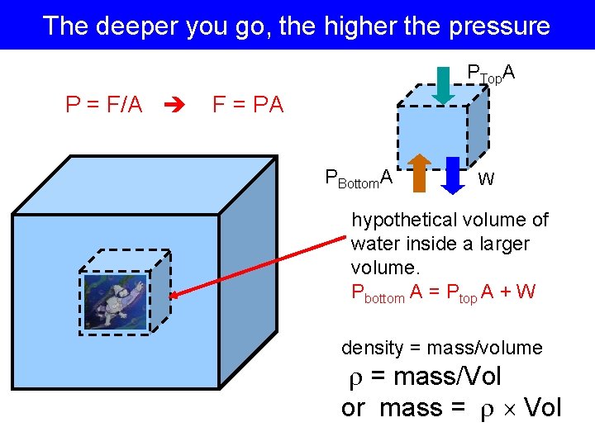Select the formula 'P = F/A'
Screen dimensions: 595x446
(x=104, y=105)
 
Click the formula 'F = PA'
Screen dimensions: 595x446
(x=248, y=105)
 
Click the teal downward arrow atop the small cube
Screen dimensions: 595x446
(x=444, y=85)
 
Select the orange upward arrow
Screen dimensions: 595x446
(x=419, y=172)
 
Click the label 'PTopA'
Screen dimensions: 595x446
(x=492, y=74)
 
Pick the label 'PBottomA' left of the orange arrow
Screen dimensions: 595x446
(x=358, y=177)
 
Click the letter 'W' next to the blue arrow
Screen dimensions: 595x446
(x=487, y=178)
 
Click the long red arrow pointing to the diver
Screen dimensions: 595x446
(x=256, y=265)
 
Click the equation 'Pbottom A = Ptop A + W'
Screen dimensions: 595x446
(x=443, y=292)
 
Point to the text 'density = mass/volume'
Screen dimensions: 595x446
(x=442, y=348)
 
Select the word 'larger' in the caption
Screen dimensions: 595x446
(x=502, y=244)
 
